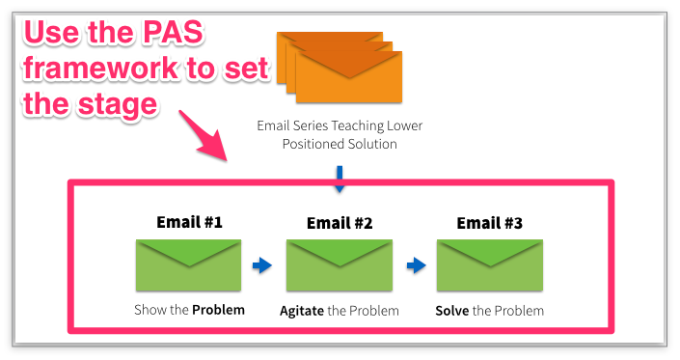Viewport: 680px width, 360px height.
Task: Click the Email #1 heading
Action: pyautogui.click(x=189, y=222)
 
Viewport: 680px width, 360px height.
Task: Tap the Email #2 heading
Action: pyautogui.click(x=340, y=223)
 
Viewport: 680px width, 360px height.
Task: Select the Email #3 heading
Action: pyautogui.click(x=490, y=223)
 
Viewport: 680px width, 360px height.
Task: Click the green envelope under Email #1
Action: pyautogui.click(x=189, y=265)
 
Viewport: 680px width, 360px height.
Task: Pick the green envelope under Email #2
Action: pyautogui.click(x=340, y=265)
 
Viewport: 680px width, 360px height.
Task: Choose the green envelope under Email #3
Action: pyautogui.click(x=490, y=265)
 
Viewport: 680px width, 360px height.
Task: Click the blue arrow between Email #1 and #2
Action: pyautogui.click(x=262, y=265)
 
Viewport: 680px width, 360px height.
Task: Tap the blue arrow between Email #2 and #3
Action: pyautogui.click(x=417, y=265)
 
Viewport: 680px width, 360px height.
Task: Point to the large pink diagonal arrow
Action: pyautogui.click(x=203, y=135)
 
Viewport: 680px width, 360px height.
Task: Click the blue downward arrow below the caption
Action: pyautogui.click(x=340, y=179)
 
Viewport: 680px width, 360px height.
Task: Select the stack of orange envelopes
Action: pyautogui.click(x=340, y=68)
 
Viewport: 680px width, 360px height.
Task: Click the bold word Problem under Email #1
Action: pyautogui.click(x=219, y=310)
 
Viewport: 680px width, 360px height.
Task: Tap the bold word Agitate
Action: pyautogui.click(x=302, y=311)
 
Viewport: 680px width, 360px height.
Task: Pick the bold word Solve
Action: pyautogui.click(x=452, y=311)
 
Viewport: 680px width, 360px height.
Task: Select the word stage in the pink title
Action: pyautogui.click(x=118, y=105)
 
